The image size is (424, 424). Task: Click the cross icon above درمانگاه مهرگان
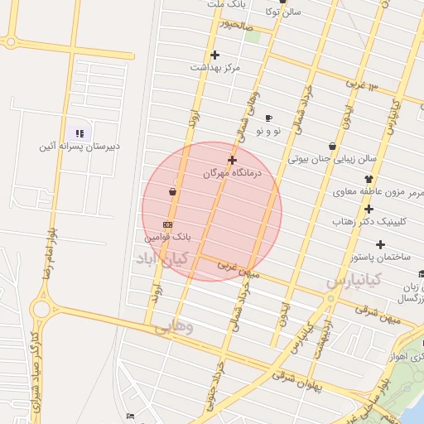click(232, 160)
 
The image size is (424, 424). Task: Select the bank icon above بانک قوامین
click(168, 224)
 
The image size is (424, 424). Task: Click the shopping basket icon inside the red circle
click(172, 192)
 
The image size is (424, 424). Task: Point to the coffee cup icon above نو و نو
click(268, 118)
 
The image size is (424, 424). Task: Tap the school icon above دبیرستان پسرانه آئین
click(79, 133)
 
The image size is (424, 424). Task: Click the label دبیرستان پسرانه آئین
click(79, 147)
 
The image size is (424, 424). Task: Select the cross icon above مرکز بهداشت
click(214, 55)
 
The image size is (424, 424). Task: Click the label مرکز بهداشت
click(214, 67)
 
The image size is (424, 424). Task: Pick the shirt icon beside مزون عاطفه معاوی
click(369, 179)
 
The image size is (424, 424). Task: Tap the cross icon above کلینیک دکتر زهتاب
click(369, 209)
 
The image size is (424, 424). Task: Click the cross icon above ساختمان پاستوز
click(380, 244)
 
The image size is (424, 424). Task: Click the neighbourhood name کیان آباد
click(162, 259)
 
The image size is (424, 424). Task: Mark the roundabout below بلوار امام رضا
click(41, 309)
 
